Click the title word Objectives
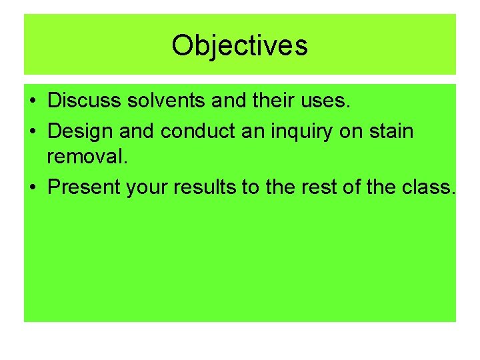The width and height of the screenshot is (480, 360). pyautogui.click(x=239, y=45)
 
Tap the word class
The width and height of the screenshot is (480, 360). pyautogui.click(x=431, y=187)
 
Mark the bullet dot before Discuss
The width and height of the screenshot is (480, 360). pyautogui.click(x=32, y=103)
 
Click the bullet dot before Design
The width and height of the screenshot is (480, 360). pyautogui.click(x=32, y=131)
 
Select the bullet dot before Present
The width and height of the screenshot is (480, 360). pyautogui.click(x=32, y=187)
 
